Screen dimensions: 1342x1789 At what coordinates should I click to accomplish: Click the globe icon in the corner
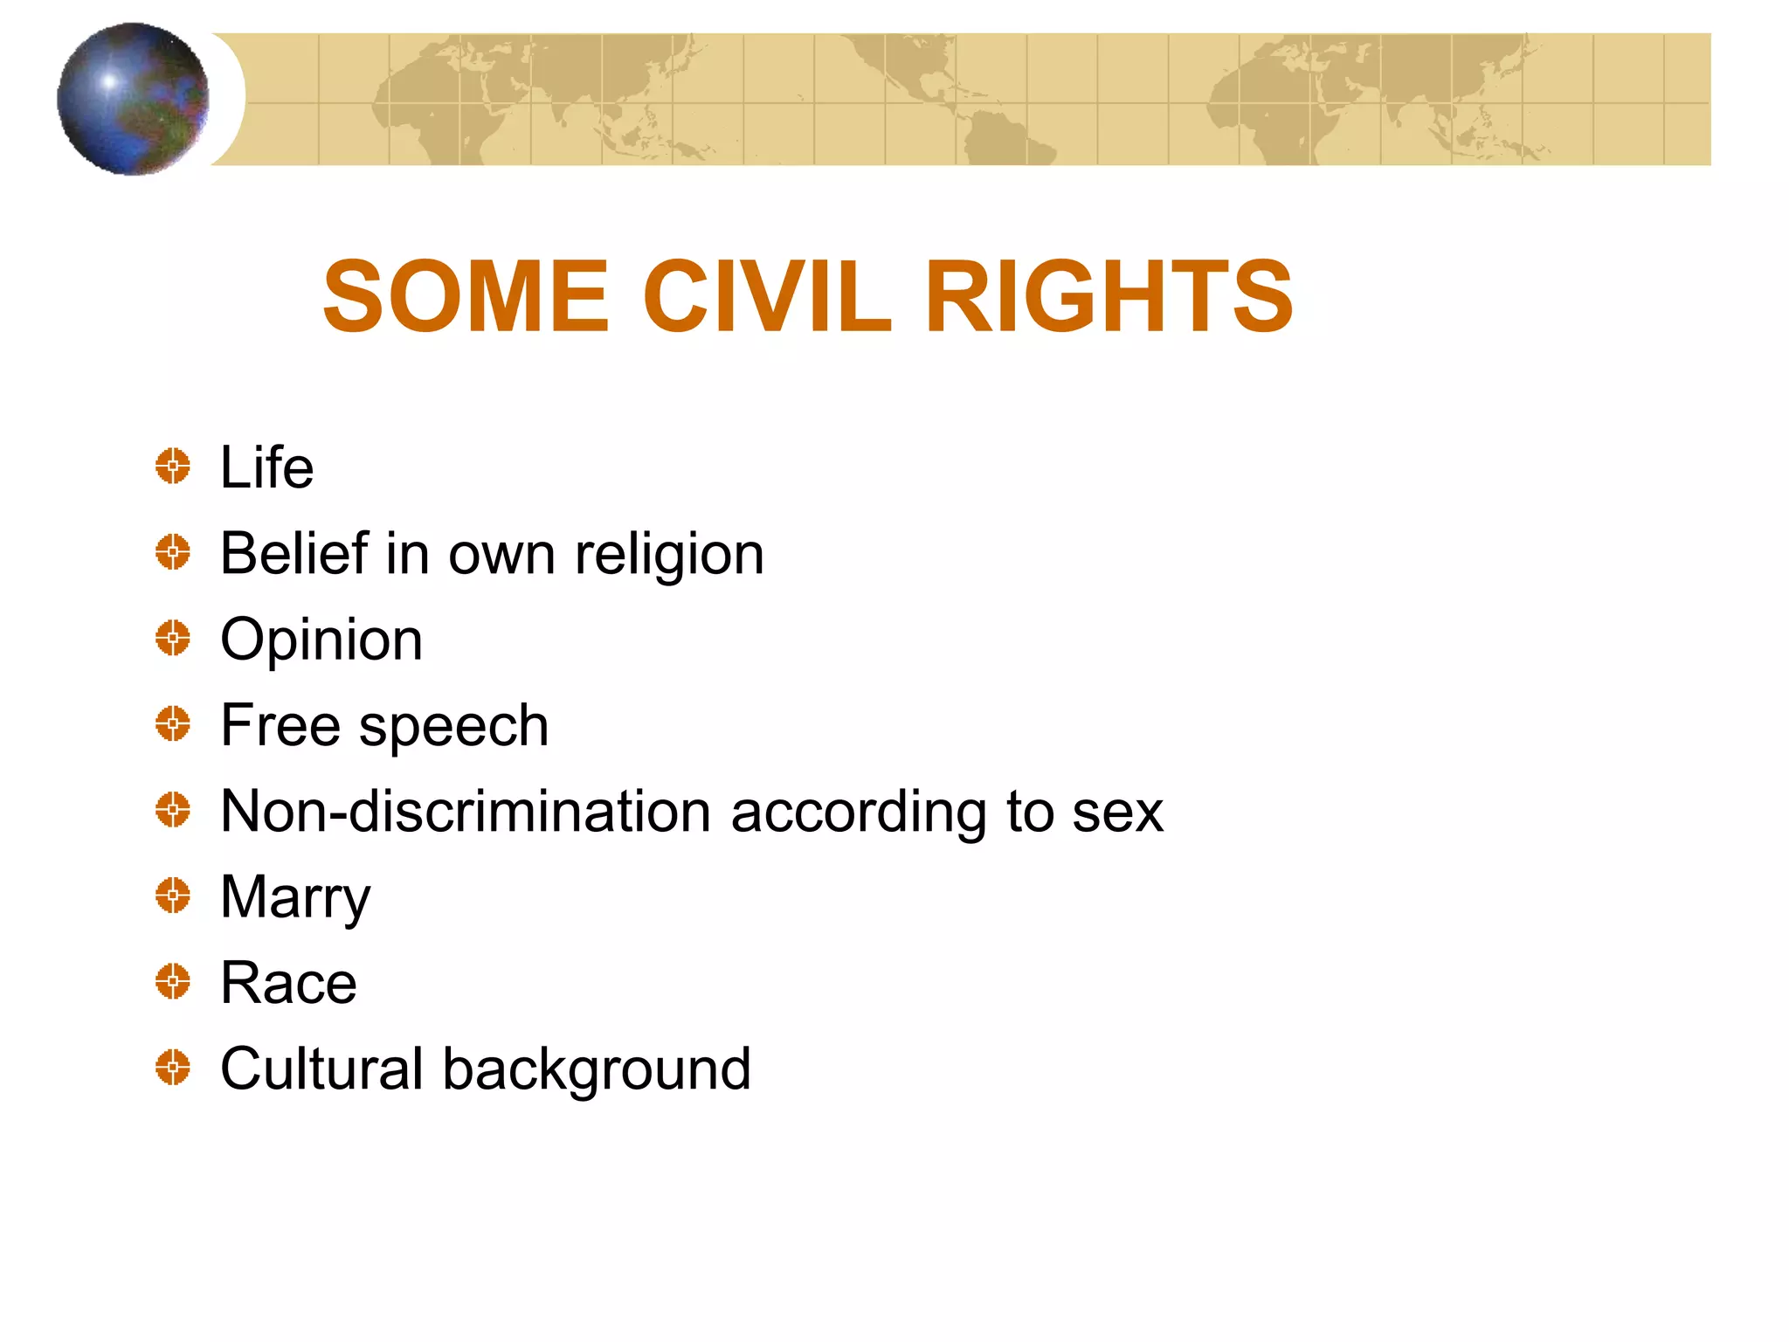[133, 99]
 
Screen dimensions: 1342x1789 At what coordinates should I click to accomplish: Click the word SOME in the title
[465, 297]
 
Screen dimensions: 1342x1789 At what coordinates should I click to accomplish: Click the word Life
[266, 467]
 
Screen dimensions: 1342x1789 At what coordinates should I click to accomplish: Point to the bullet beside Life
[173, 466]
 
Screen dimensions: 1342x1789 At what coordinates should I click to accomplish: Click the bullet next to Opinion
[173, 638]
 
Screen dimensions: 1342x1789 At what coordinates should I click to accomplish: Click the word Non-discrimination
[466, 811]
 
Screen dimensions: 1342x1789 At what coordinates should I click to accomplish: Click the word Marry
[295, 898]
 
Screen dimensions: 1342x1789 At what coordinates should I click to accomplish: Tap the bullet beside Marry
[173, 896]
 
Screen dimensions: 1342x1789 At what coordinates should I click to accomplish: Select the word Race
[288, 983]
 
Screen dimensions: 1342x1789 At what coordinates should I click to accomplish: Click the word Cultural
[321, 1068]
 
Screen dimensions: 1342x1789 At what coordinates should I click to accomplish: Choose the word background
[597, 1069]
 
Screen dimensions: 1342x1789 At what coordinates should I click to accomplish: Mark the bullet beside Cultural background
[173, 1068]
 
